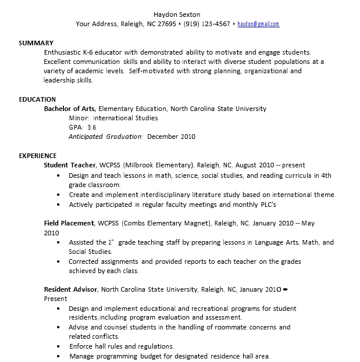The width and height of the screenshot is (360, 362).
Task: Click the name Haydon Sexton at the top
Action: coord(177,14)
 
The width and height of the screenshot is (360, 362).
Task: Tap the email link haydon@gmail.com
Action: coord(258,24)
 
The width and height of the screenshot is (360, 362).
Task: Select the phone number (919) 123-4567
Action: coord(206,24)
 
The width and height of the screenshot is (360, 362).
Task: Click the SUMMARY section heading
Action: coord(36,43)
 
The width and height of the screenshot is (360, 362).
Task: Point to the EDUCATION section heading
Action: coord(37,99)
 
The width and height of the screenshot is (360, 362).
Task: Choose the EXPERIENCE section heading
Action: coord(38,156)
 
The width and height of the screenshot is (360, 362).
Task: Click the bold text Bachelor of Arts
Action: coord(70,109)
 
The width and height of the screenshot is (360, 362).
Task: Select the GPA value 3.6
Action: coord(92,127)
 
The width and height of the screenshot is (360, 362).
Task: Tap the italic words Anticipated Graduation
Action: coord(105,137)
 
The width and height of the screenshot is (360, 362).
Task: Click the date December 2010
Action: coord(172,137)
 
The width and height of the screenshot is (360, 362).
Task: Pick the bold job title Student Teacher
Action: coord(70,165)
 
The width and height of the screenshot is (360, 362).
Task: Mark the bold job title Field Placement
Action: coord(69,223)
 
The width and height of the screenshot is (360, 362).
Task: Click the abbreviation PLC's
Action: coord(266,205)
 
